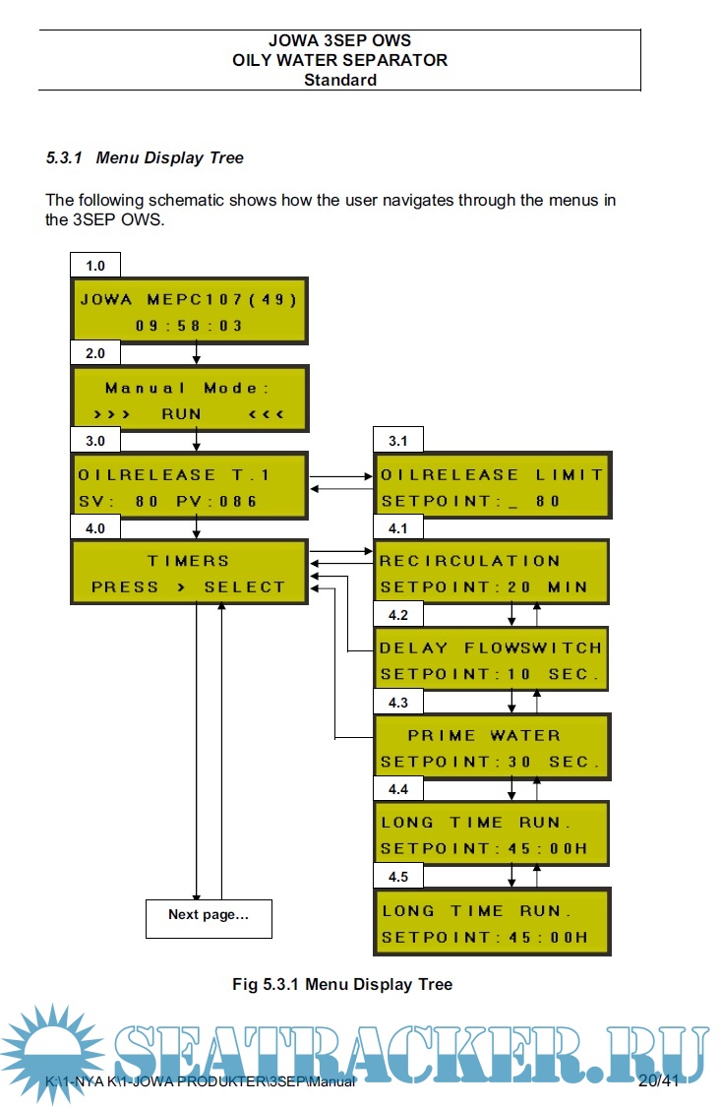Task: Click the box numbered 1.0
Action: coord(95,266)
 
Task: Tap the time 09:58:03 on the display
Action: coord(190,325)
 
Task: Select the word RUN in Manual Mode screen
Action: coord(181,414)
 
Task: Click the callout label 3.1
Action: coord(398,441)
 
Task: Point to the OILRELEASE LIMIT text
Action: coord(492,474)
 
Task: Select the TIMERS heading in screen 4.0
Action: coord(189,560)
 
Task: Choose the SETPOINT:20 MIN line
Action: coord(484,587)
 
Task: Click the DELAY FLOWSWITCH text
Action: coord(491,647)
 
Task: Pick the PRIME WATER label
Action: coord(484,735)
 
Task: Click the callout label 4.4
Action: coord(398,789)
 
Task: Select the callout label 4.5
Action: coord(398,876)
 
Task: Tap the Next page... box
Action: coord(209,915)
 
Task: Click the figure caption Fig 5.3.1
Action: coord(342,984)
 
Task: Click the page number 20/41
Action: coord(658,1080)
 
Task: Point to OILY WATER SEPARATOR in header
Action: coord(339,60)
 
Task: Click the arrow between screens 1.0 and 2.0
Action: coord(197,352)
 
